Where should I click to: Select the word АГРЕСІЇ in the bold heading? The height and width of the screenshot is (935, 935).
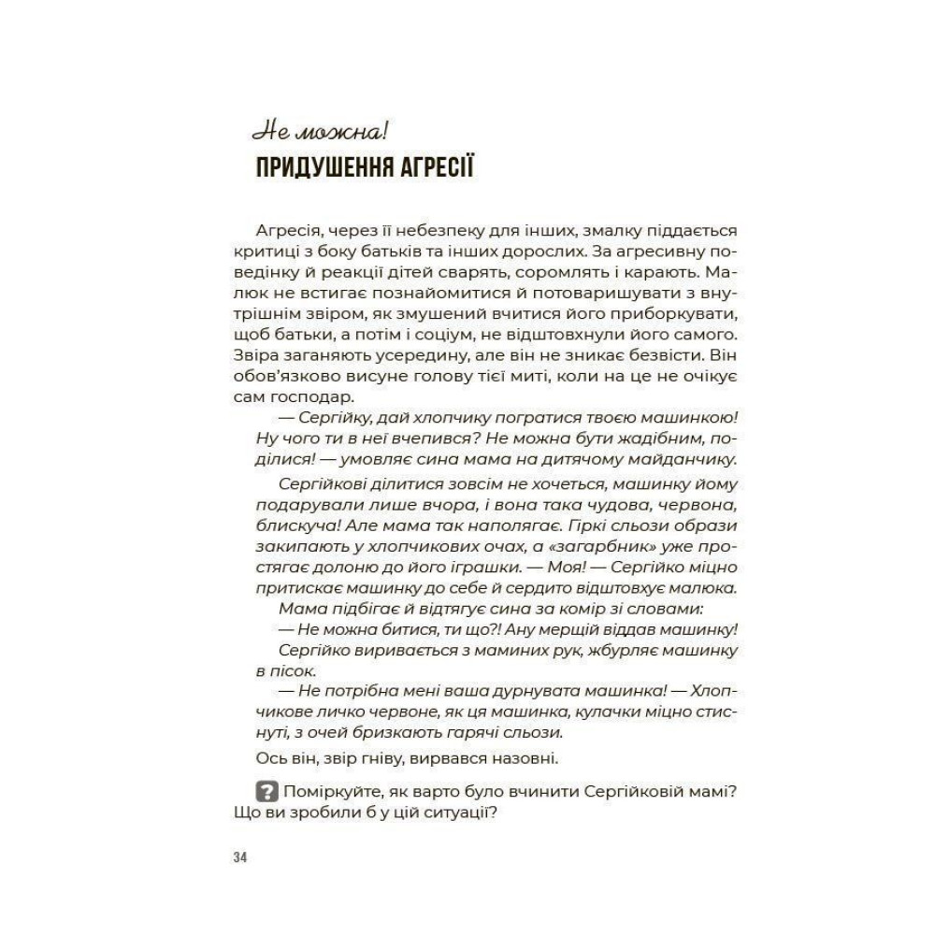click(440, 169)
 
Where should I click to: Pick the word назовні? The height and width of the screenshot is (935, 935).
click(515, 757)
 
